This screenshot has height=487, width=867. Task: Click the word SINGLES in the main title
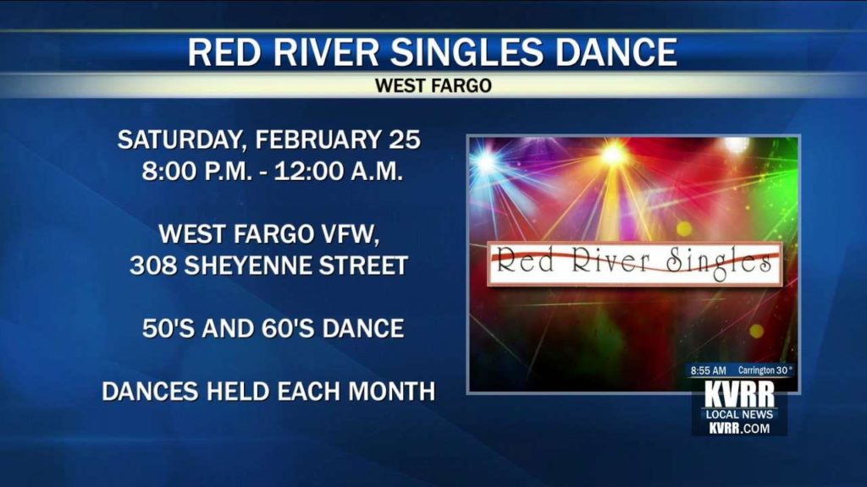(x=467, y=52)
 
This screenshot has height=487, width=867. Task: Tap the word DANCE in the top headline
(x=616, y=52)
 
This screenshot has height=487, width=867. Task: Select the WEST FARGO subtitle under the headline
(x=433, y=85)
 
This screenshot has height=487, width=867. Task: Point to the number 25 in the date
(x=404, y=140)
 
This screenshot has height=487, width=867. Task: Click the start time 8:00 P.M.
(x=196, y=171)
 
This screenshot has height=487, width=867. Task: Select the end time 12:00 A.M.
(x=339, y=171)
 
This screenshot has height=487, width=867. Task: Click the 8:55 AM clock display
(x=709, y=370)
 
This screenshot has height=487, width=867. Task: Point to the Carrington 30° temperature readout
(x=765, y=370)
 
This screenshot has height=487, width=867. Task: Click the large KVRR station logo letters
(x=739, y=394)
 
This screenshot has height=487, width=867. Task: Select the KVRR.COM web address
(x=739, y=428)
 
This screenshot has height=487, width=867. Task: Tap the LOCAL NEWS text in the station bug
(x=739, y=414)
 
